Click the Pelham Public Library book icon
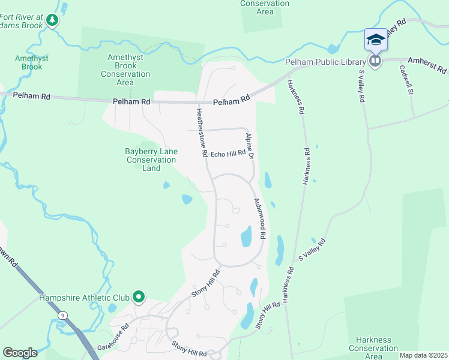pos(375,62)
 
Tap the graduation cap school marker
pos(375,40)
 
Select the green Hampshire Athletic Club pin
pos(139,296)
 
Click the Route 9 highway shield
pos(62,315)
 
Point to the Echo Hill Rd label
pos(228,153)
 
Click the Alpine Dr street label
pos(249,146)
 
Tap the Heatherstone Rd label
pos(201,132)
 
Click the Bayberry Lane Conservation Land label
pos(151,160)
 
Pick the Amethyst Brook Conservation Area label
pos(125,70)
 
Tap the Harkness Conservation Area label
pos(373,348)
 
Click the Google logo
pos(20,353)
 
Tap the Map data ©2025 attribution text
pos(423,355)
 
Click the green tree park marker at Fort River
pos(52,21)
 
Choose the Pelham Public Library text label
pos(334,62)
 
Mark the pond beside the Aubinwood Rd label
pos(246,236)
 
